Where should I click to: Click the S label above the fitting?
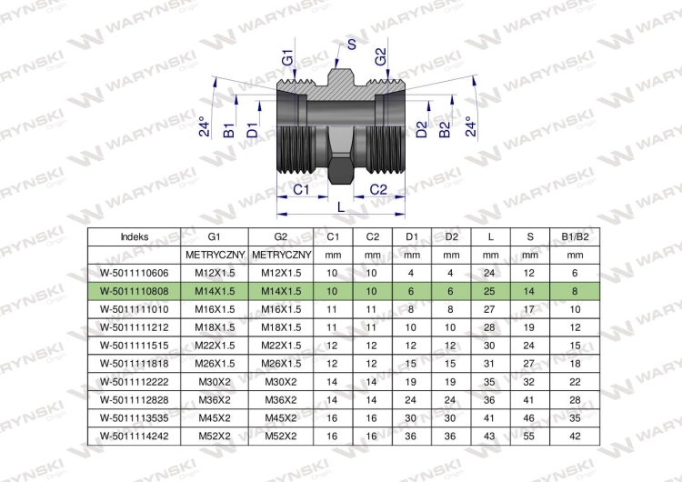(x=351, y=44)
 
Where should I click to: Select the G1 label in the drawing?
(x=287, y=58)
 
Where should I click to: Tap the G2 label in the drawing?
(x=380, y=57)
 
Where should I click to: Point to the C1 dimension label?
(x=301, y=190)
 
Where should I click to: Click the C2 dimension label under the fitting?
(x=378, y=190)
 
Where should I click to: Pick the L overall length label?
(x=341, y=207)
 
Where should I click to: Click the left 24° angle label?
(x=204, y=126)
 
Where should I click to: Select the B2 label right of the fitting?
(x=444, y=130)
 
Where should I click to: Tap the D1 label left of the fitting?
(x=252, y=130)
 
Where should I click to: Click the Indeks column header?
(x=135, y=237)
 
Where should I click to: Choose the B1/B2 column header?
(x=575, y=237)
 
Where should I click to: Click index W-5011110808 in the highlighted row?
(x=134, y=291)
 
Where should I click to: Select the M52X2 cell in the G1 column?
(x=215, y=436)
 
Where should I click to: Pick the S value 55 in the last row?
(x=529, y=436)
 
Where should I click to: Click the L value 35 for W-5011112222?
(x=489, y=382)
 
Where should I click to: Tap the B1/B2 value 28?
(x=575, y=400)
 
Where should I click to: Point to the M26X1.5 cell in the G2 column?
(x=281, y=363)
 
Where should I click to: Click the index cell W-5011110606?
(x=134, y=273)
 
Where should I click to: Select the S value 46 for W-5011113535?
(x=529, y=418)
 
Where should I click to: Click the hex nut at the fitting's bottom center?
(x=341, y=170)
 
